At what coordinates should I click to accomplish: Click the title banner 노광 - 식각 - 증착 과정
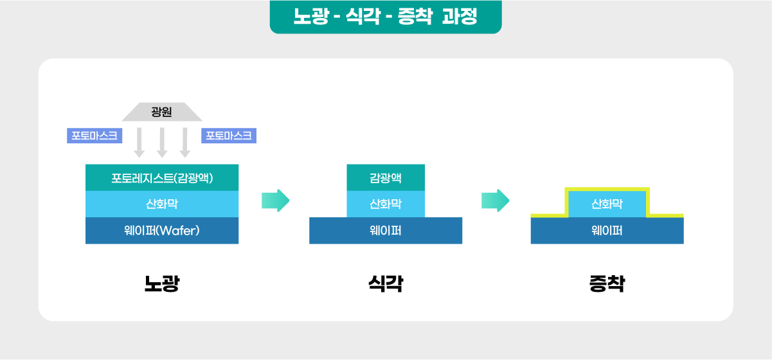point(386,17)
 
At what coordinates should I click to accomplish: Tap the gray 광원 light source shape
point(162,112)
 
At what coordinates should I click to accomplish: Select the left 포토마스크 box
point(94,136)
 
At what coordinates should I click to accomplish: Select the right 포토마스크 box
point(229,136)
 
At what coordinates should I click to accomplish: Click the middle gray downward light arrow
point(162,143)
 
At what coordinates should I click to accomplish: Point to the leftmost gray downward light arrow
point(139,143)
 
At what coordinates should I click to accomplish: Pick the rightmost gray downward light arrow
point(185,143)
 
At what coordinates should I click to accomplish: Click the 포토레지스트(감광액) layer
point(162,177)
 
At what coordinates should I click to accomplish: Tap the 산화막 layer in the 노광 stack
point(162,204)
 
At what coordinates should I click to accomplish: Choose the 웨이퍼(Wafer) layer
point(162,230)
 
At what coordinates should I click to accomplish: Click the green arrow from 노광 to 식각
point(275,201)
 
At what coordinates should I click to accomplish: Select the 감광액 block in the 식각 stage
point(386,177)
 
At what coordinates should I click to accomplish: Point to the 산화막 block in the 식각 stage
point(386,204)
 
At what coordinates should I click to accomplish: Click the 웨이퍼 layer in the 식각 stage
point(386,230)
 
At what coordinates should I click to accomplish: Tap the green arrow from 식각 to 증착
point(495,201)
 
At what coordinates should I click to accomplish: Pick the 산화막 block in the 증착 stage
point(607,204)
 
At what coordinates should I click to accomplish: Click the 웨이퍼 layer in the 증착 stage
point(607,230)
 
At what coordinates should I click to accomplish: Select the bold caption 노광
point(162,283)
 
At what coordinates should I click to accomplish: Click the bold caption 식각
point(386,283)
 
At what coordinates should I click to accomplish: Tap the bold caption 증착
point(607,283)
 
